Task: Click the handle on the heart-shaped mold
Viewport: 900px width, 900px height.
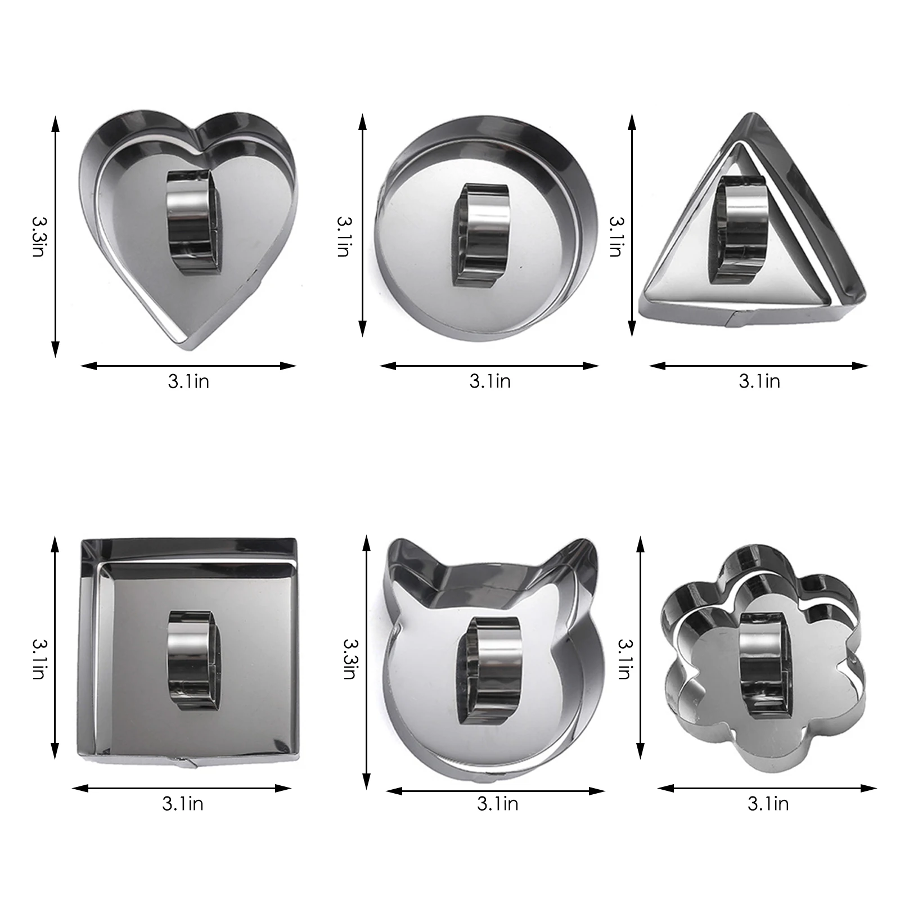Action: [x=192, y=222]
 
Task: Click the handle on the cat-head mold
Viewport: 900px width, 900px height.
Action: [x=488, y=667]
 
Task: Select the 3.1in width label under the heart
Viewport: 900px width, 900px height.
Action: [x=188, y=381]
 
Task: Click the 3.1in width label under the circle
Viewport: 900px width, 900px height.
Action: [x=490, y=381]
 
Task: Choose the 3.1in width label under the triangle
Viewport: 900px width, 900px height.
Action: [x=759, y=381]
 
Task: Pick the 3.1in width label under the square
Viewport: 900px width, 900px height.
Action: [x=182, y=804]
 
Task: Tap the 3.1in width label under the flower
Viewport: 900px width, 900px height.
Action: [x=768, y=804]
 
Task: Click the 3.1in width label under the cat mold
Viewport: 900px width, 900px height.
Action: [x=497, y=804]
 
